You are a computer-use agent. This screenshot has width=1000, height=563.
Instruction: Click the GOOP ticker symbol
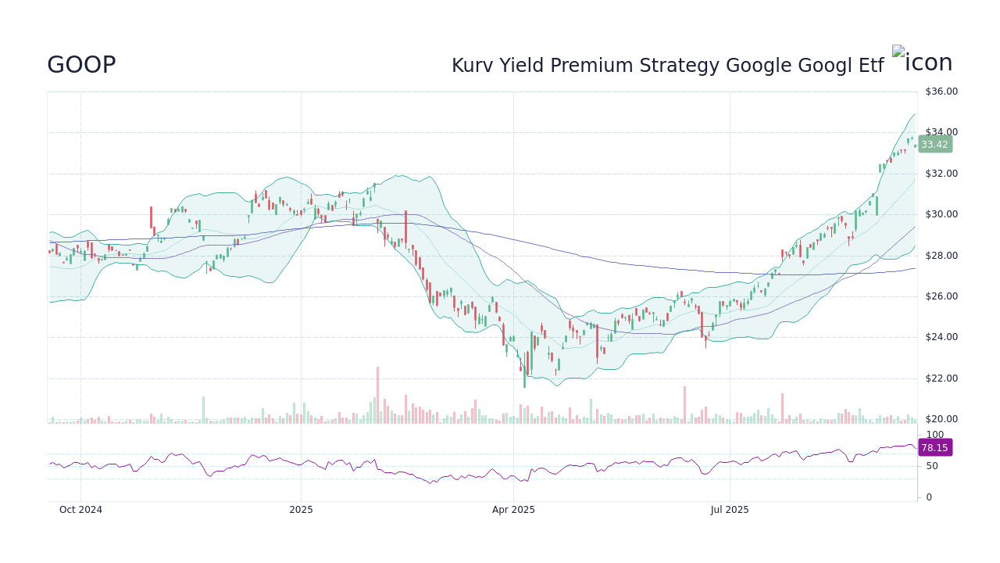81,66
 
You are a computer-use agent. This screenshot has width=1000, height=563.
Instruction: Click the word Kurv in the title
472,66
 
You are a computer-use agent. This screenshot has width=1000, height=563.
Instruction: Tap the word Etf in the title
870,66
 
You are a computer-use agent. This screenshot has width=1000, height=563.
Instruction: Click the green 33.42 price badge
934,145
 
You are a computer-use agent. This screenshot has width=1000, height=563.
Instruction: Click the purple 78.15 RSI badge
934,448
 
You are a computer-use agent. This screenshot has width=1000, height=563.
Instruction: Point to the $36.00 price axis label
941,91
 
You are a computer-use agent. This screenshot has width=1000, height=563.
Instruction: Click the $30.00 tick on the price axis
941,214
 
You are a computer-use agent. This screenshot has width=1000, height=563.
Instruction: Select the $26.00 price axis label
941,296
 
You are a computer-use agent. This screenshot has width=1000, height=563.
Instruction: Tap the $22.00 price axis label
941,378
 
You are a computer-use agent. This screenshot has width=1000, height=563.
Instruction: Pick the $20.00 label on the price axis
941,419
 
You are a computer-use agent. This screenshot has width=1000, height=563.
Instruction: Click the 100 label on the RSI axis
934,435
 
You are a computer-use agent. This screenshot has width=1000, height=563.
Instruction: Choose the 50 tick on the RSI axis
932,466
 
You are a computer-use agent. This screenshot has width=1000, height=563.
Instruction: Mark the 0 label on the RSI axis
929,497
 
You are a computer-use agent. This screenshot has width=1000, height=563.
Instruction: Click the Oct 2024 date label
80,510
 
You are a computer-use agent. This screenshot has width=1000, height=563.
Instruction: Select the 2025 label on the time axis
301,510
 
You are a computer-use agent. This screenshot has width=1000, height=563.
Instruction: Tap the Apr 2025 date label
513,510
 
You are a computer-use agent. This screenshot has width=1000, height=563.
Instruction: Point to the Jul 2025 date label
730,510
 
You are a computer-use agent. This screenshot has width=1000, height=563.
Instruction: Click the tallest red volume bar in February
377,395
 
